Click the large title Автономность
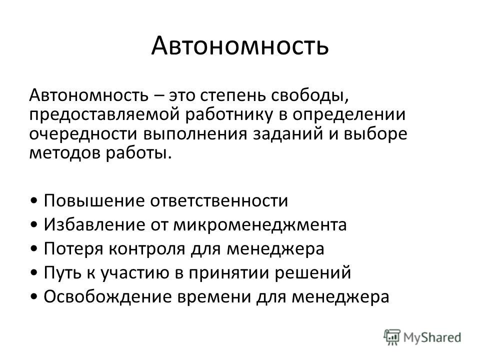coord(240,45)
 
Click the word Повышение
coord(94,201)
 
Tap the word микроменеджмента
coord(260,225)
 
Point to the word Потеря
coord(73,248)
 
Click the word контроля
coord(147,249)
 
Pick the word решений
coord(312,273)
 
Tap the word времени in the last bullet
coord(213,297)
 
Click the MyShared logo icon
coord(392,337)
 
